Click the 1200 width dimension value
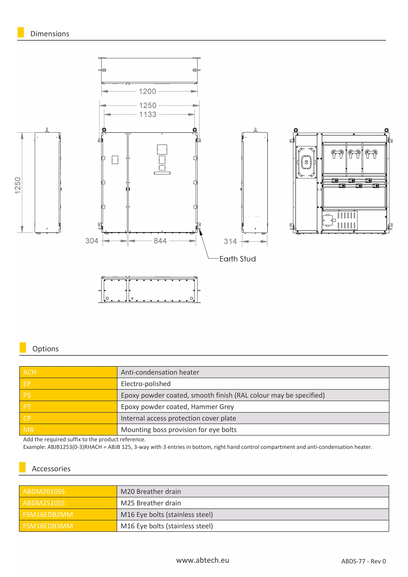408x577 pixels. click(147, 91)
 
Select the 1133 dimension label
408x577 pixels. click(148, 115)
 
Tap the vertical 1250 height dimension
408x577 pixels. click(18, 185)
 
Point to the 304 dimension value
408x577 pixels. click(92, 241)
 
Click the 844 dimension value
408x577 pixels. click(160, 241)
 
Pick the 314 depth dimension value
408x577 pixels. click(230, 241)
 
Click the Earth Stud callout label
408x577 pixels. click(237, 259)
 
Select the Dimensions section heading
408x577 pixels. click(50, 34)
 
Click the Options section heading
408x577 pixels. click(45, 349)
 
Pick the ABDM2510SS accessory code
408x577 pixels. click(44, 503)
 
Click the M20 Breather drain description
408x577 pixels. click(151, 492)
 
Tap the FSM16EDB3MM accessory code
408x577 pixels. click(48, 526)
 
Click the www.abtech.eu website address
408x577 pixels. click(202, 560)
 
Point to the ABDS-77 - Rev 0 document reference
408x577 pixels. click(363, 561)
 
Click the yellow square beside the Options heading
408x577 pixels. click(23, 347)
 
